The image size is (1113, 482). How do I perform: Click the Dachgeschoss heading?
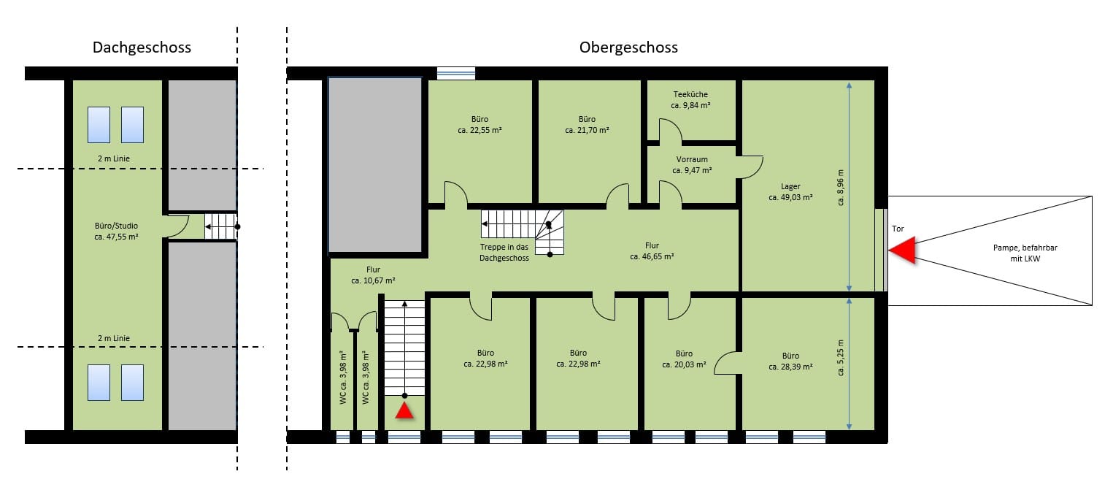click(x=142, y=47)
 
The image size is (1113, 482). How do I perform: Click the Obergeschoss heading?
click(x=628, y=47)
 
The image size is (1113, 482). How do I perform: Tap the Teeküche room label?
click(x=690, y=99)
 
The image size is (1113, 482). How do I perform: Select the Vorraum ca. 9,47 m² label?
click(x=691, y=164)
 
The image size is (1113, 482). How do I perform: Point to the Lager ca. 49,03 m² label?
click(x=790, y=192)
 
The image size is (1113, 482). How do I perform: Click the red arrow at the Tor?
click(x=904, y=250)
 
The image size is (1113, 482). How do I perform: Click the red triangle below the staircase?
click(x=404, y=412)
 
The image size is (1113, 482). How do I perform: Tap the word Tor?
click(x=898, y=229)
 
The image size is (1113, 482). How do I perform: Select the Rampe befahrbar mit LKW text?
click(x=1015, y=253)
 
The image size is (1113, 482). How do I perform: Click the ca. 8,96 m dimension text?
click(x=841, y=186)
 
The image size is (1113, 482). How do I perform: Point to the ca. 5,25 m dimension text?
click(x=841, y=358)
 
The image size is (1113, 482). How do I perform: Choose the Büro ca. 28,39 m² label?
click(x=790, y=361)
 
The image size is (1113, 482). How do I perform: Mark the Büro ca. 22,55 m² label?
click(x=480, y=124)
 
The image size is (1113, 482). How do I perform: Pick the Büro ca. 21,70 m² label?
click(x=587, y=124)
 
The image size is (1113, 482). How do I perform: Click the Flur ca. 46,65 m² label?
click(x=652, y=251)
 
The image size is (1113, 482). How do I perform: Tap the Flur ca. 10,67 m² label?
click(x=373, y=275)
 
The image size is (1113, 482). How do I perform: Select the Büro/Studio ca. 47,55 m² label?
click(x=117, y=232)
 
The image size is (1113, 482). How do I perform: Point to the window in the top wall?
click(x=455, y=73)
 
